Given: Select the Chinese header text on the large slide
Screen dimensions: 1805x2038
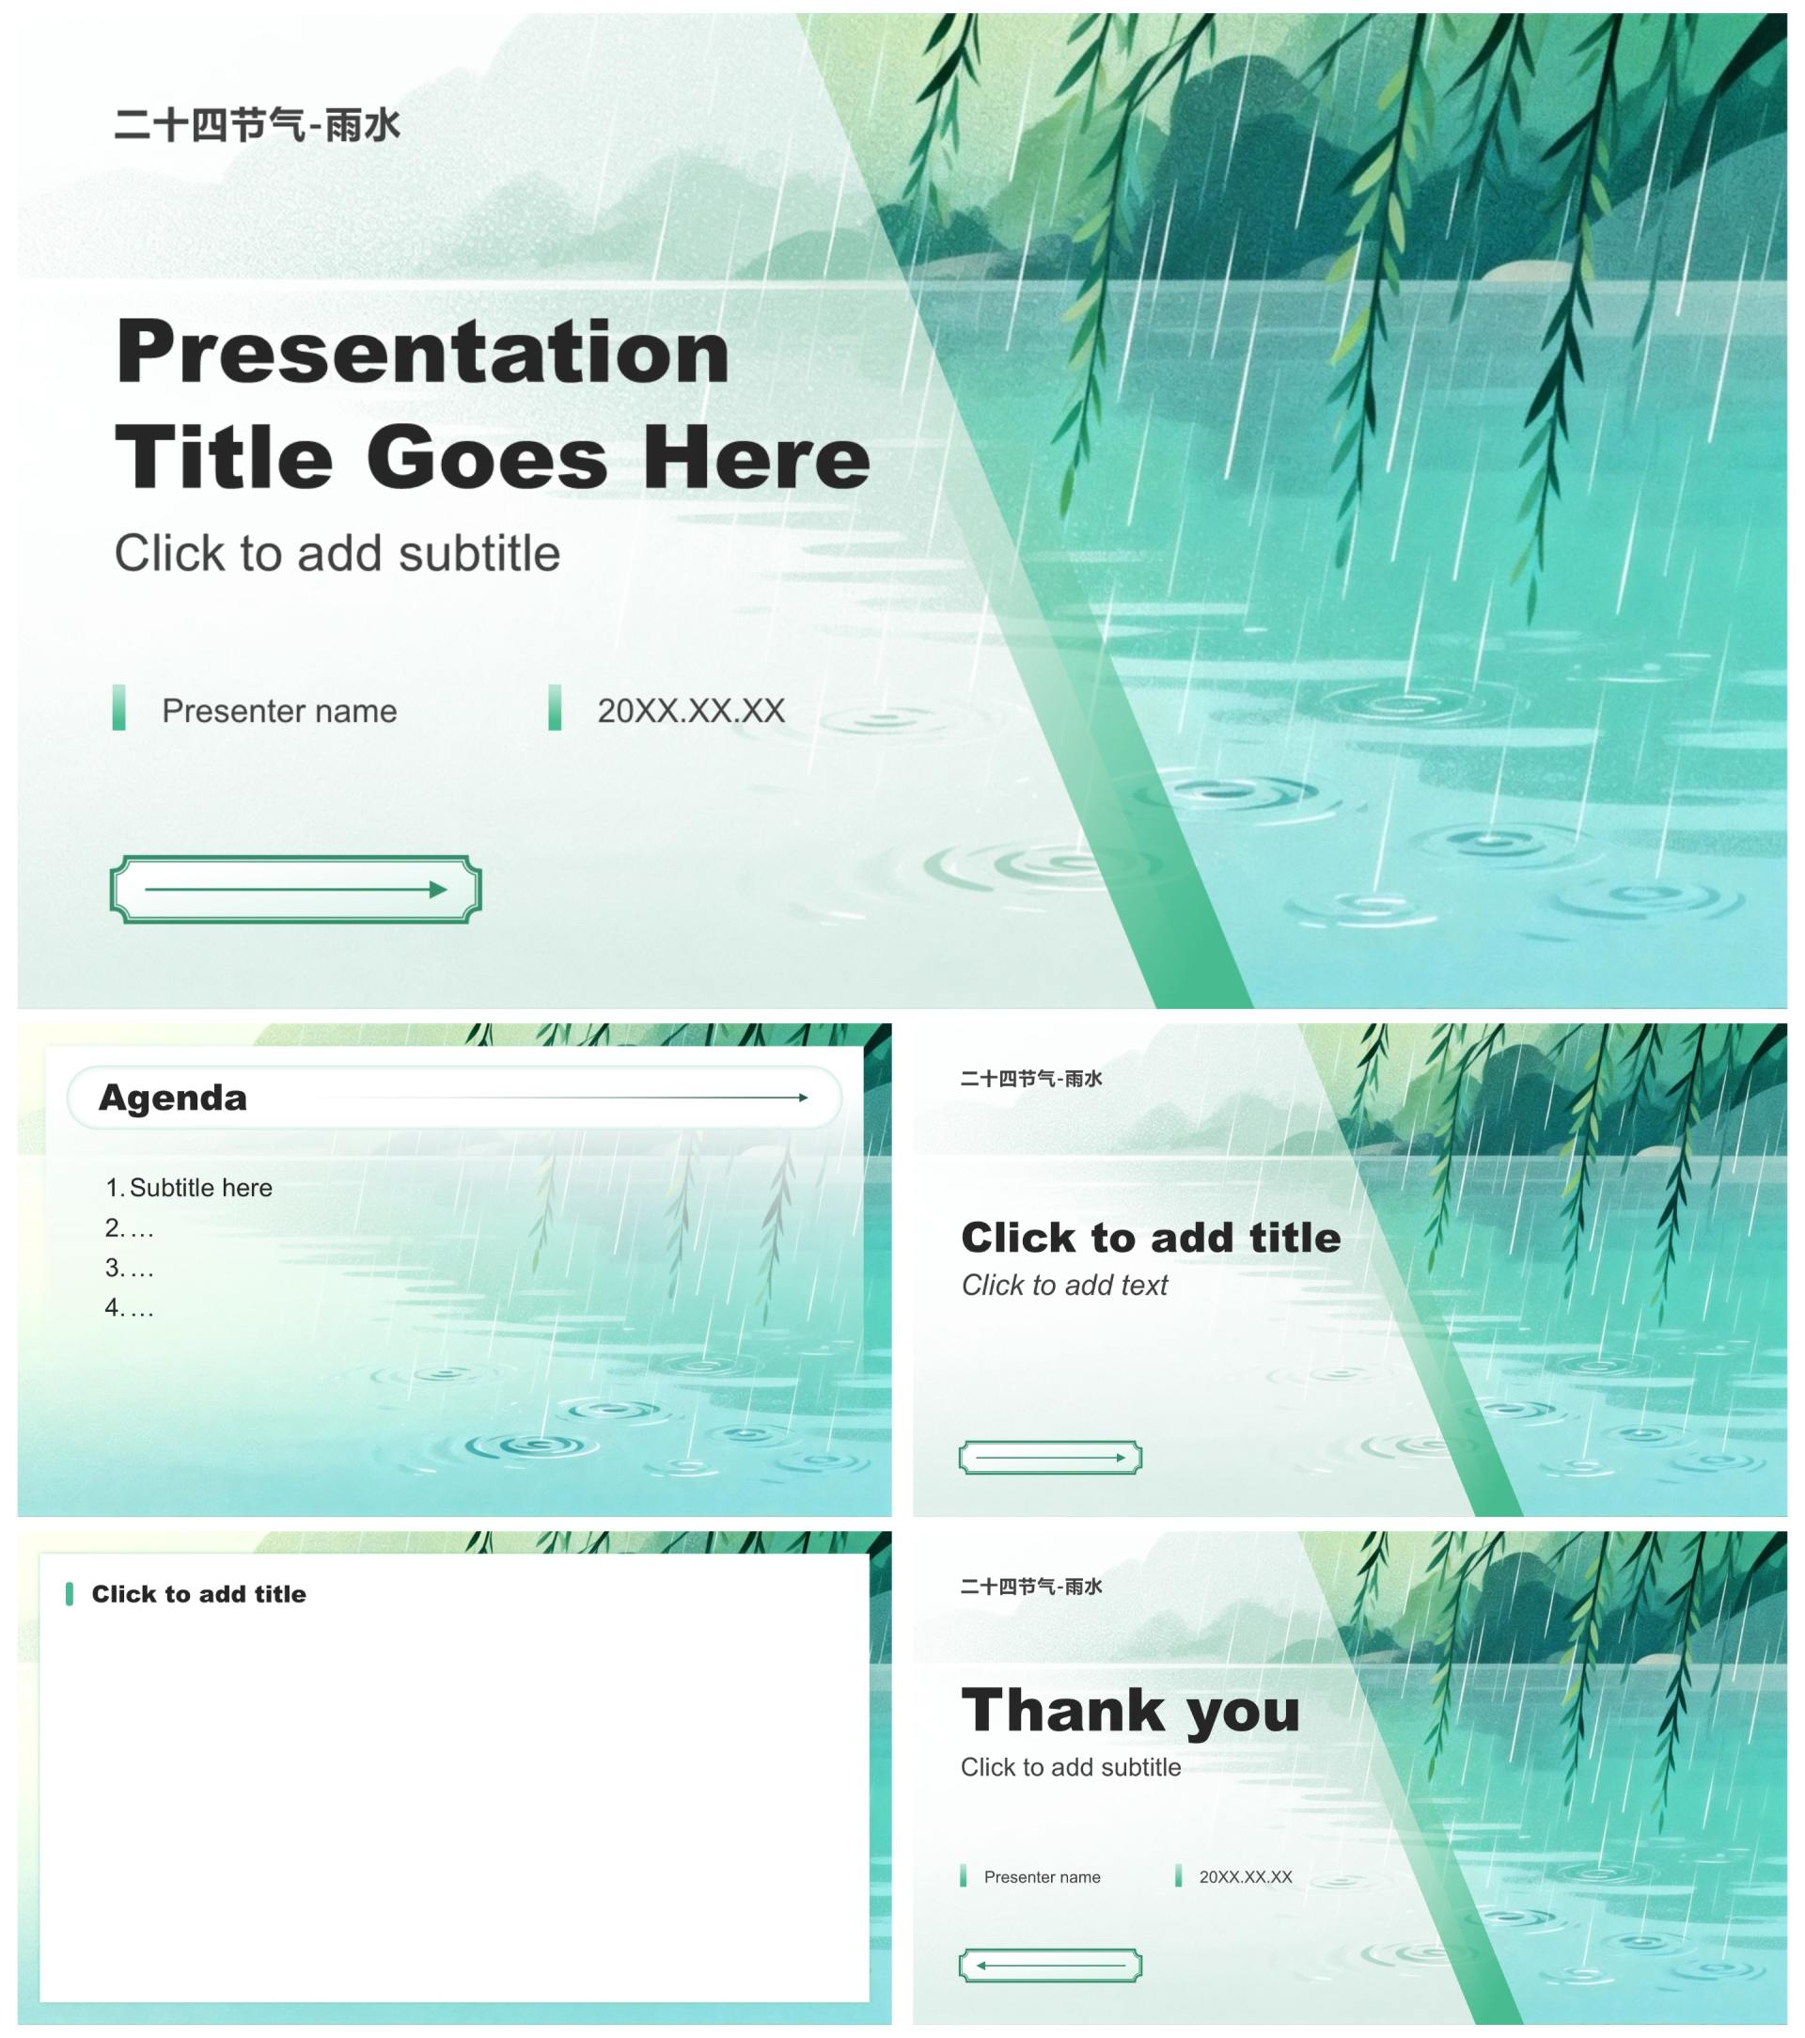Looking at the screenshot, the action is (258, 126).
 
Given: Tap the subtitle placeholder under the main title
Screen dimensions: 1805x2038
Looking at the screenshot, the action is (337, 553).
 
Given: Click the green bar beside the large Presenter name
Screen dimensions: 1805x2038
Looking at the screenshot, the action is (118, 707).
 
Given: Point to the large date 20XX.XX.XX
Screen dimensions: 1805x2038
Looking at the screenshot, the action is (691, 711).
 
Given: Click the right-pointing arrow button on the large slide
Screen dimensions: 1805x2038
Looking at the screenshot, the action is (296, 889).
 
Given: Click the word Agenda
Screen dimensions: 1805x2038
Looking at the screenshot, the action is (172, 1098).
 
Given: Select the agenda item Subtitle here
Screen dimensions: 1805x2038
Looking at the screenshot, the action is (200, 1188).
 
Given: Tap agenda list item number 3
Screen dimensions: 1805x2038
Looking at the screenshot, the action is (130, 1267).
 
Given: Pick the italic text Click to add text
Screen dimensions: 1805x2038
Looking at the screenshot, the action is (1064, 1286).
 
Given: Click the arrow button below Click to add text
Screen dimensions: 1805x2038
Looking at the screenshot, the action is (1050, 1457).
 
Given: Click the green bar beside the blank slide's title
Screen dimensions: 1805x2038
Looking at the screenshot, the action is (69, 1593).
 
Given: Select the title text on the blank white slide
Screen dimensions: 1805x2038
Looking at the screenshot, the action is (198, 1594).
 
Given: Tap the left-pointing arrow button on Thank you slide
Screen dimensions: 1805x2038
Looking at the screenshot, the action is (1050, 1966).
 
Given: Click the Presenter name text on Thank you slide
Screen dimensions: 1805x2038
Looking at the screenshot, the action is (1042, 1877).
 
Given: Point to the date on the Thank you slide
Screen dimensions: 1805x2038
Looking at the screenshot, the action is (1245, 1877).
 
